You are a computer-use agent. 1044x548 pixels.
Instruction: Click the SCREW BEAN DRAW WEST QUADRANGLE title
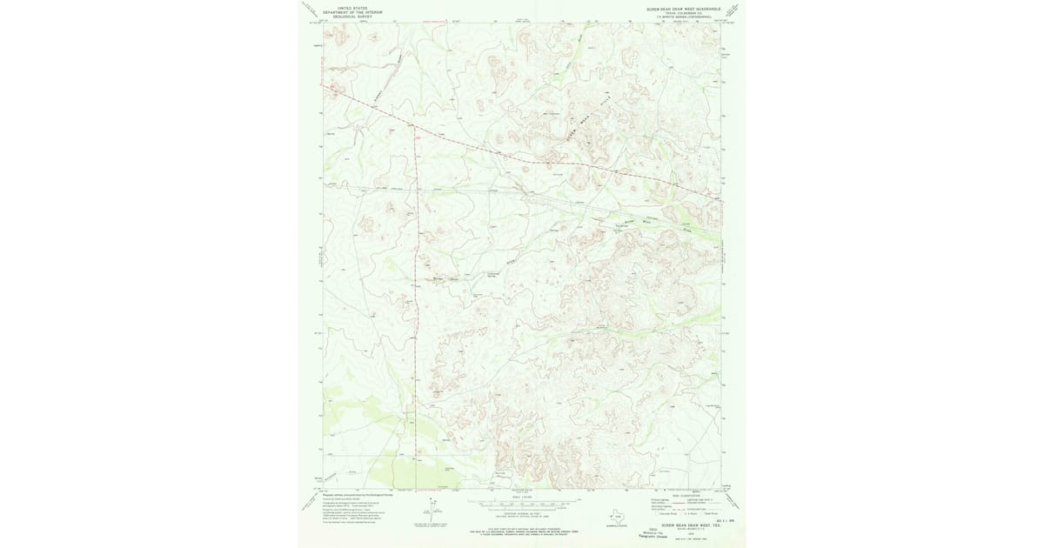point(684,6)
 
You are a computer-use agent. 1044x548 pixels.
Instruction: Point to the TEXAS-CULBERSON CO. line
point(684,12)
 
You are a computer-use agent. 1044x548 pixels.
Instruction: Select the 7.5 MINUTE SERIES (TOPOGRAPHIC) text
point(684,17)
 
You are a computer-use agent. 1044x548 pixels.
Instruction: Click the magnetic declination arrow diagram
point(432,511)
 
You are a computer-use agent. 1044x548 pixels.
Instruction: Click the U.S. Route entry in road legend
point(693,514)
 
